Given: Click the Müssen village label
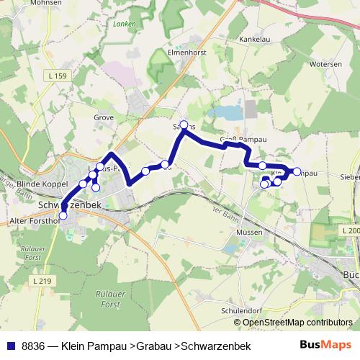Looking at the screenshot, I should click(248, 232).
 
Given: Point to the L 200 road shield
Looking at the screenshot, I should click(350, 230).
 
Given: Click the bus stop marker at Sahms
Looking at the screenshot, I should click(184, 125).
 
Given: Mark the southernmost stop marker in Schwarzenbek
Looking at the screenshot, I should click(63, 215).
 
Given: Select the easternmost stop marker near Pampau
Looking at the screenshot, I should click(297, 171).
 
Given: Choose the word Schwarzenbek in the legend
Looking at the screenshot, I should click(216, 346).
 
